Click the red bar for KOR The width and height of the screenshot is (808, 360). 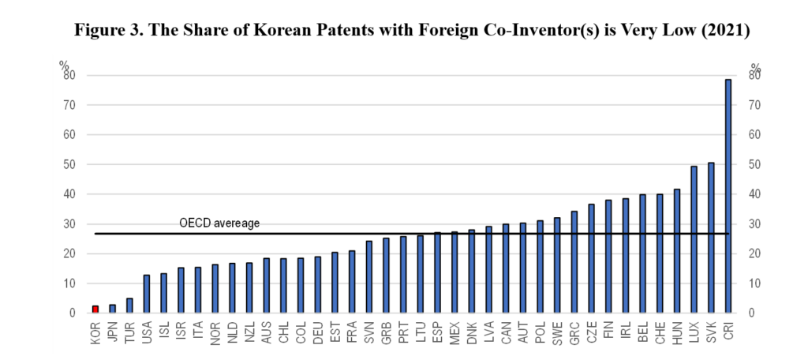click(x=95, y=309)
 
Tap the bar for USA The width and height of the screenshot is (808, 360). click(x=146, y=294)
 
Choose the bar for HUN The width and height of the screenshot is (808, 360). click(x=677, y=251)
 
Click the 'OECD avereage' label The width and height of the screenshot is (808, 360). click(x=219, y=223)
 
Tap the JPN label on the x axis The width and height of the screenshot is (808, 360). click(x=113, y=329)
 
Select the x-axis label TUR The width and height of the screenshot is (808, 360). click(x=129, y=329)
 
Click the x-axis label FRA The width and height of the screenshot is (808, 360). click(x=351, y=329)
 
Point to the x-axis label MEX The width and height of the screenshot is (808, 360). click(x=455, y=329)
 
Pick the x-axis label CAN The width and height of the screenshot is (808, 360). click(x=507, y=329)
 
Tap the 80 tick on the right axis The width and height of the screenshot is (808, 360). click(x=755, y=76)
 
